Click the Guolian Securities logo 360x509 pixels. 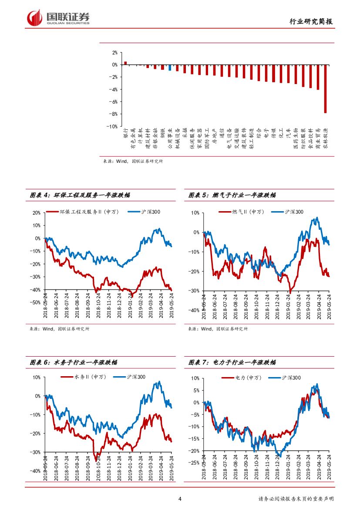tap(58, 17)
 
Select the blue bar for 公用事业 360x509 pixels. tap(170, 67)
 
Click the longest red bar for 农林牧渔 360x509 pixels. tap(325, 89)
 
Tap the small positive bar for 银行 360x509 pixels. tap(125, 63)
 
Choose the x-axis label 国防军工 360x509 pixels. tap(207, 138)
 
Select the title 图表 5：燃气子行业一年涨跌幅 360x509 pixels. tap(232, 196)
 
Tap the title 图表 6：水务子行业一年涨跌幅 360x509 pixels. tap(74, 362)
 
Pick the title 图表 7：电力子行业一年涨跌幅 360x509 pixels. tap(232, 362)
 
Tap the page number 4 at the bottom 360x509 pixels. tap(180, 499)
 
